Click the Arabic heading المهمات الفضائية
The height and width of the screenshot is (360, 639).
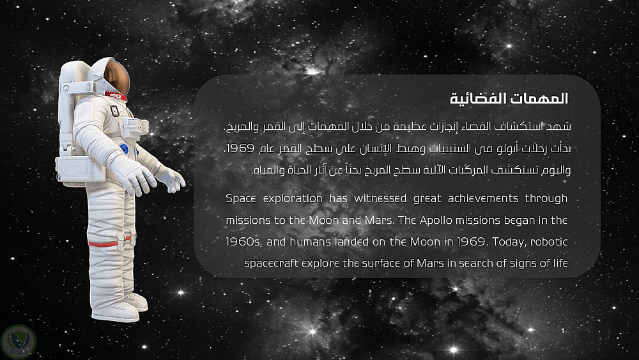[509, 98]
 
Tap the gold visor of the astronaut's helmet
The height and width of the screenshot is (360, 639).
[116, 77]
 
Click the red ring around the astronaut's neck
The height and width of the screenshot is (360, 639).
[116, 96]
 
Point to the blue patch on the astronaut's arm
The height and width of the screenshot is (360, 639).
[125, 149]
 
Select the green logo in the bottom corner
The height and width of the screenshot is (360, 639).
[19, 342]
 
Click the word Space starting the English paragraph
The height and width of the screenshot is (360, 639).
[241, 199]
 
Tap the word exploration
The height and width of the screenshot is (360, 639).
[293, 199]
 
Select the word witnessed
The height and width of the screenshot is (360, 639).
[380, 199]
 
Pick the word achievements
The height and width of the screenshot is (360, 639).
[483, 199]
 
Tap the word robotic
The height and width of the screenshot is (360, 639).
[549, 242]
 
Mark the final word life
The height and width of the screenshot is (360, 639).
[560, 263]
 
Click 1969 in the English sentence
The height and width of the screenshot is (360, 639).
[471, 242]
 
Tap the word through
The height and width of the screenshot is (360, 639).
[546, 199]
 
